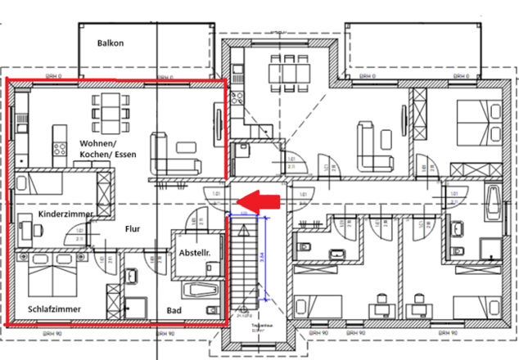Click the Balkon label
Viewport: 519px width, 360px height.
point(111,43)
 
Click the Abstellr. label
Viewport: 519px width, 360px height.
point(194,254)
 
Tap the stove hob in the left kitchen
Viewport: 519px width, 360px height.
point(60,149)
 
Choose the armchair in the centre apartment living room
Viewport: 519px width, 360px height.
point(366,134)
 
